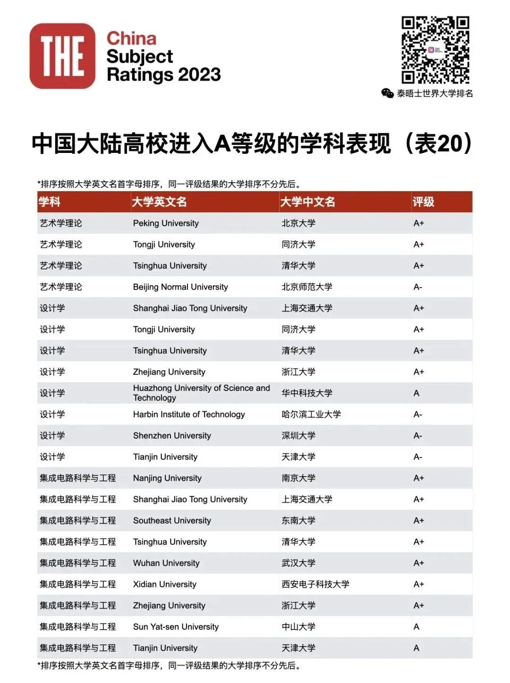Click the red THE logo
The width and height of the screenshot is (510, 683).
[62, 56]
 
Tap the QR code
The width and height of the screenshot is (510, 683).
[435, 50]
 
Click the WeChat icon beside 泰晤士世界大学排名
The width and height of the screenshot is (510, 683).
[387, 93]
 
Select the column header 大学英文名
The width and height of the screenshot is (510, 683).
[159, 202]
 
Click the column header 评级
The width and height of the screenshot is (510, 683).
[423, 202]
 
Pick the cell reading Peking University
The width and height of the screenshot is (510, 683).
[166, 223]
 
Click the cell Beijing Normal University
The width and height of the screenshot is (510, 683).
[180, 287]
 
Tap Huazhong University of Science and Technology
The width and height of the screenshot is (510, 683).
[201, 393]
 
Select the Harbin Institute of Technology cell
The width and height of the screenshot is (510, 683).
[189, 414]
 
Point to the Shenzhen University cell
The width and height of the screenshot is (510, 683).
[172, 436]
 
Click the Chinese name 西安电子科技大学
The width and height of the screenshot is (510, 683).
[315, 584]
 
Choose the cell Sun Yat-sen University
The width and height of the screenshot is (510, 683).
[176, 627]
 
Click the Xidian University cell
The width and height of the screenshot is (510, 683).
[164, 584]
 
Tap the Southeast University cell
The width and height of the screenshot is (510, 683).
[172, 521]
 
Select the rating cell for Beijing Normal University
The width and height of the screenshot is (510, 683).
[418, 287]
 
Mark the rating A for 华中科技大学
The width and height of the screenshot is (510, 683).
[416, 393]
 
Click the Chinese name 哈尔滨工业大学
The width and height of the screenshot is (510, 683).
[311, 414]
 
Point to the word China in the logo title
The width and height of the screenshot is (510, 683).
[131, 38]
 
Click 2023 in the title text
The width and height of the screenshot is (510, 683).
[200, 75]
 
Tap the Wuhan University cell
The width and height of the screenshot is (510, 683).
[166, 563]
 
